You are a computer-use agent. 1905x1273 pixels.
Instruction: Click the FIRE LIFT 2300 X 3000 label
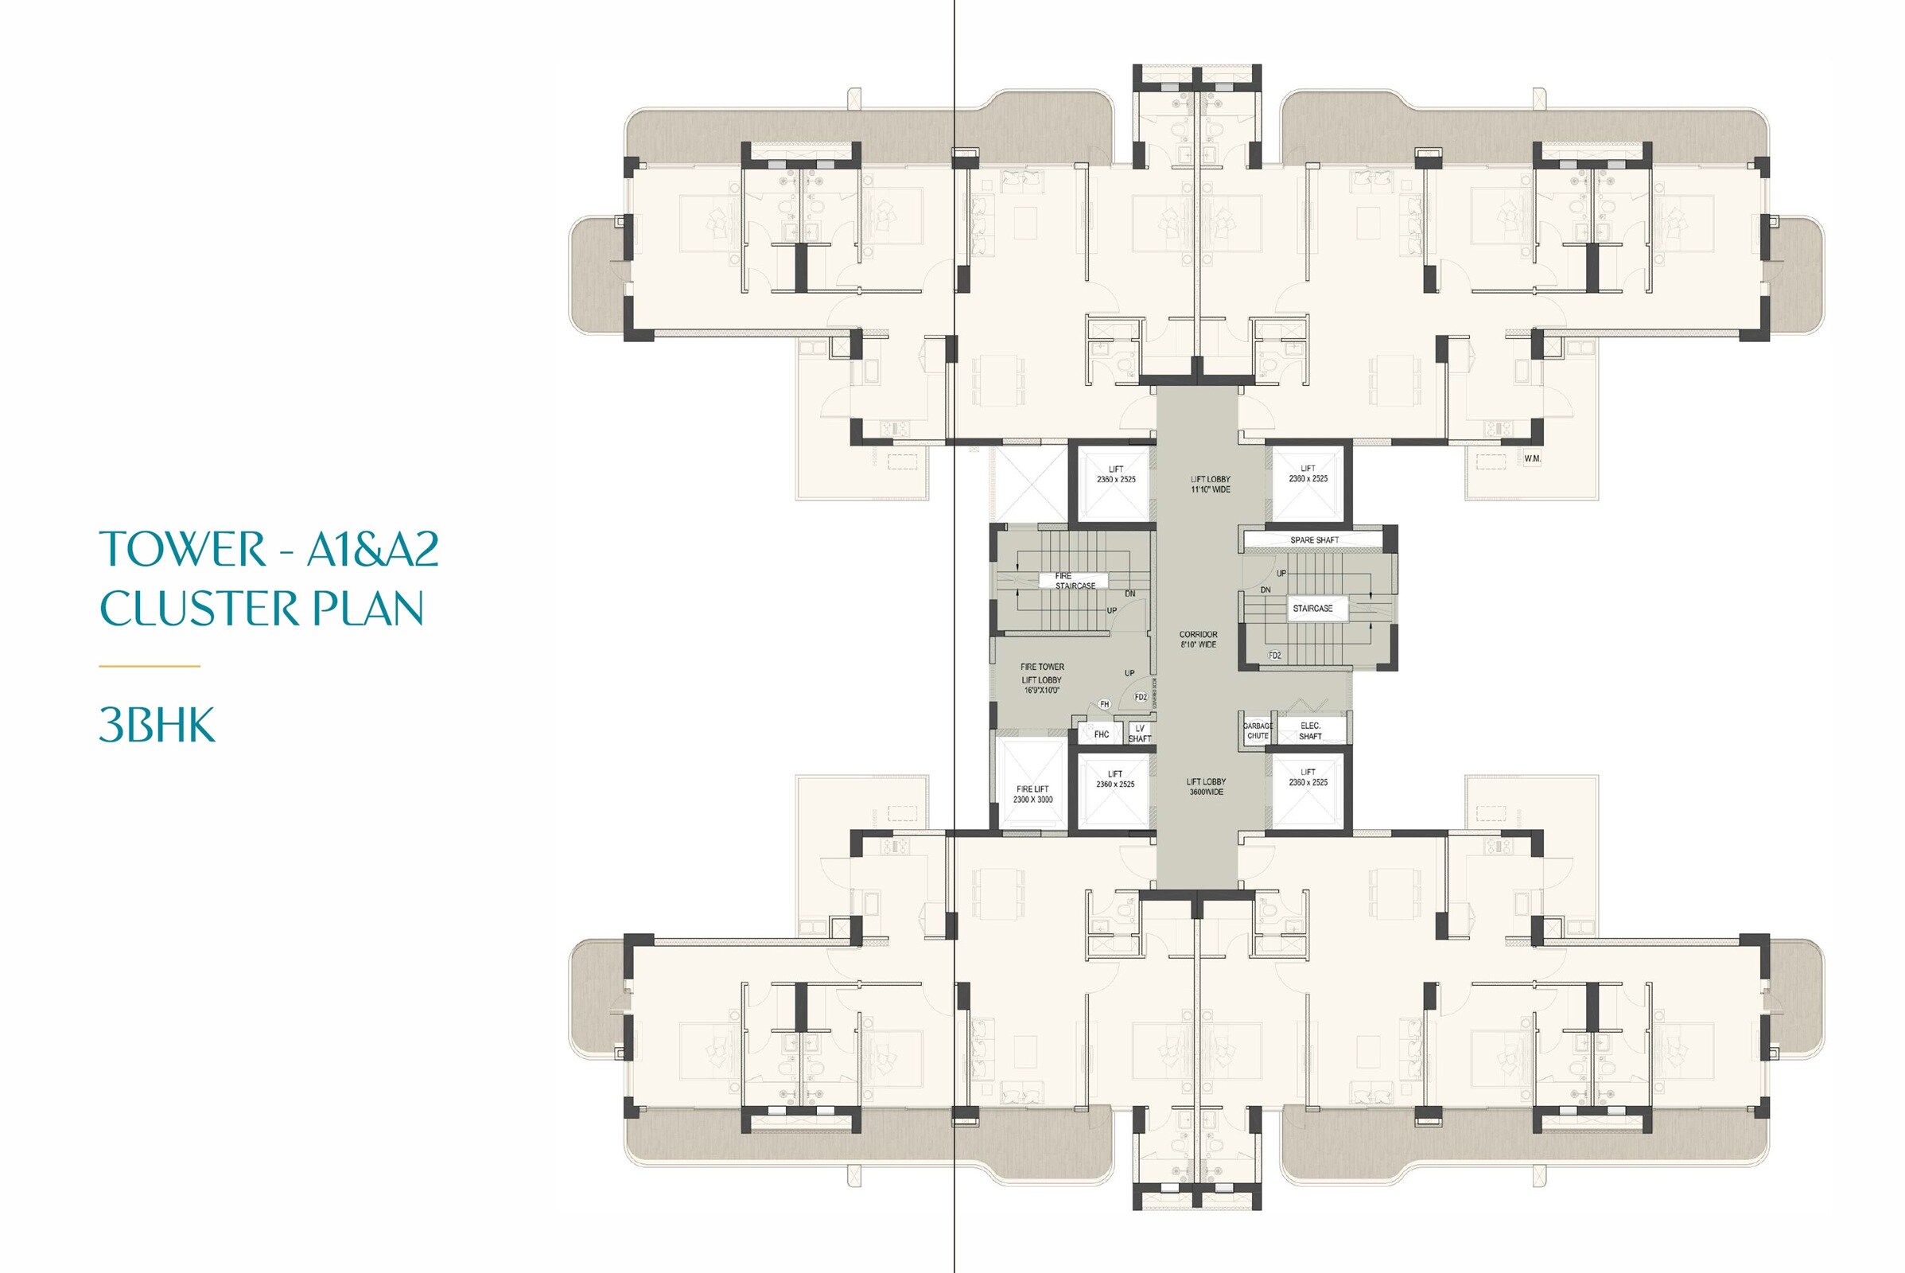pyautogui.click(x=1032, y=794)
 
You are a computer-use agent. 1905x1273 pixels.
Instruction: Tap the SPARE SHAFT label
pyautogui.click(x=1314, y=540)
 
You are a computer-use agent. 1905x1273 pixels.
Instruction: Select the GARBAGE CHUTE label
pyautogui.click(x=1258, y=730)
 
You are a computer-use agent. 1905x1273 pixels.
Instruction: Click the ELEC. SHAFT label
pyautogui.click(x=1310, y=730)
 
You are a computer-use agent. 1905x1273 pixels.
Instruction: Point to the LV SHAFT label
pyautogui.click(x=1140, y=733)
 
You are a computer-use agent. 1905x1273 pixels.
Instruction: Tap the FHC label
pyautogui.click(x=1102, y=734)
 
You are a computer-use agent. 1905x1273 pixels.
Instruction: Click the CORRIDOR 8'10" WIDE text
pyautogui.click(x=1198, y=639)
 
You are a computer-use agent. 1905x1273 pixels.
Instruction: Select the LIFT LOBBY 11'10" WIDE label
pyautogui.click(x=1210, y=484)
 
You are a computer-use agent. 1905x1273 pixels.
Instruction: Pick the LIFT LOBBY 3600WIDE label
pyautogui.click(x=1206, y=787)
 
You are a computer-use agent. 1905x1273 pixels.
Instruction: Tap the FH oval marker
pyautogui.click(x=1104, y=704)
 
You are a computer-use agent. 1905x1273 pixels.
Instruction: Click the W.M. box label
pyautogui.click(x=1532, y=459)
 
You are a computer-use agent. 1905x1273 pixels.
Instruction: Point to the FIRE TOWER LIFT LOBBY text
pyautogui.click(x=1041, y=678)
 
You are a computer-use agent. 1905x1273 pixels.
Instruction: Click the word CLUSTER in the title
pyautogui.click(x=199, y=609)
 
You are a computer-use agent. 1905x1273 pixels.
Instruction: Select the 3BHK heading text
pyautogui.click(x=157, y=725)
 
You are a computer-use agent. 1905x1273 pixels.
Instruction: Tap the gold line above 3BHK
pyautogui.click(x=150, y=666)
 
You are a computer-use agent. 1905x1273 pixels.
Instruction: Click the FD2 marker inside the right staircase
pyautogui.click(x=1274, y=655)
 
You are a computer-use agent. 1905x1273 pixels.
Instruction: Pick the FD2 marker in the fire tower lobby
pyautogui.click(x=1141, y=698)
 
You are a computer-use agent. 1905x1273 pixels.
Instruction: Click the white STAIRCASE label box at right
pyautogui.click(x=1312, y=608)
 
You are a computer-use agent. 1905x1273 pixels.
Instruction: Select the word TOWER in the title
pyautogui.click(x=183, y=549)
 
